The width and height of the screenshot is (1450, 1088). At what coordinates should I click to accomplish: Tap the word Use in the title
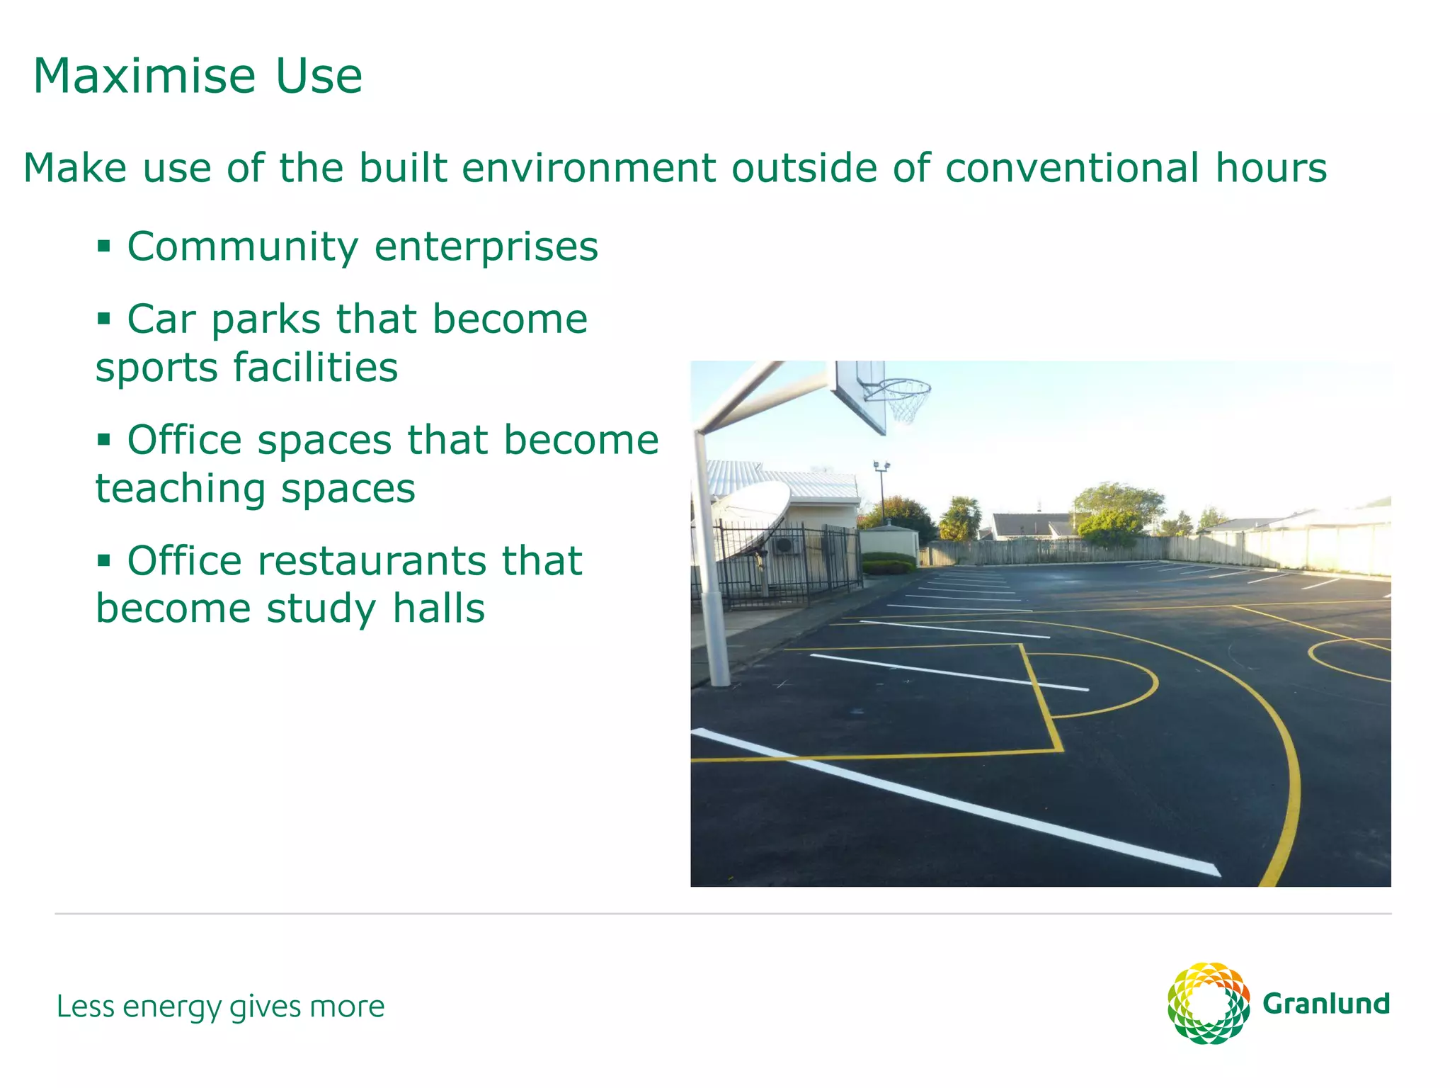click(319, 76)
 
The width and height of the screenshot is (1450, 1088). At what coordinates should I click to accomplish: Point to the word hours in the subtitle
click(1271, 168)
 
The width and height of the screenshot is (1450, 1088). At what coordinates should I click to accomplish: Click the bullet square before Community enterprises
click(104, 246)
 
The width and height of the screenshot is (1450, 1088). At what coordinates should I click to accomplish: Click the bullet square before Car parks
click(104, 319)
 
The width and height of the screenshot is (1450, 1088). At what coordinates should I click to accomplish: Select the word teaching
click(181, 489)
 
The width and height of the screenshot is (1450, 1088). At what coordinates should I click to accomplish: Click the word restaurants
click(372, 561)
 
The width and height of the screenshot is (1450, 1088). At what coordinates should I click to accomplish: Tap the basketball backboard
click(860, 397)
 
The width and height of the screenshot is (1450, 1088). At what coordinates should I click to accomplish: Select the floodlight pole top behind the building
click(881, 466)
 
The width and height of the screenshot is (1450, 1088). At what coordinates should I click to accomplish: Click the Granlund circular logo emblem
click(1208, 1003)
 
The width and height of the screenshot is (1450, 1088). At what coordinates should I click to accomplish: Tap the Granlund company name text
click(1326, 1004)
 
